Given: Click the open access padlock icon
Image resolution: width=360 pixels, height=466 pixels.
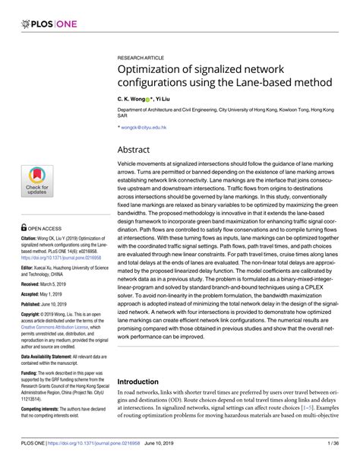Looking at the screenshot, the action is click(x=26, y=227).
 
